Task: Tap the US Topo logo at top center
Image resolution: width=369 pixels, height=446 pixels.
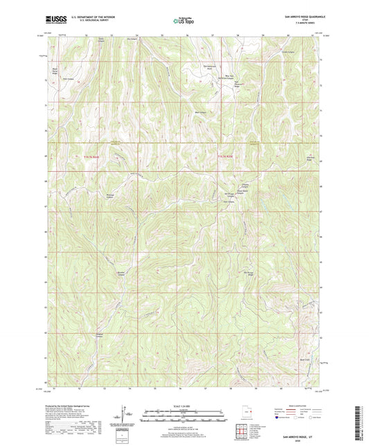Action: tap(183, 21)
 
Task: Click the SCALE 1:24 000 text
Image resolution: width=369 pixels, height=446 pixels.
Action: tap(183, 404)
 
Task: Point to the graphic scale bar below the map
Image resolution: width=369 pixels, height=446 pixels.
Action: tap(183, 416)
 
